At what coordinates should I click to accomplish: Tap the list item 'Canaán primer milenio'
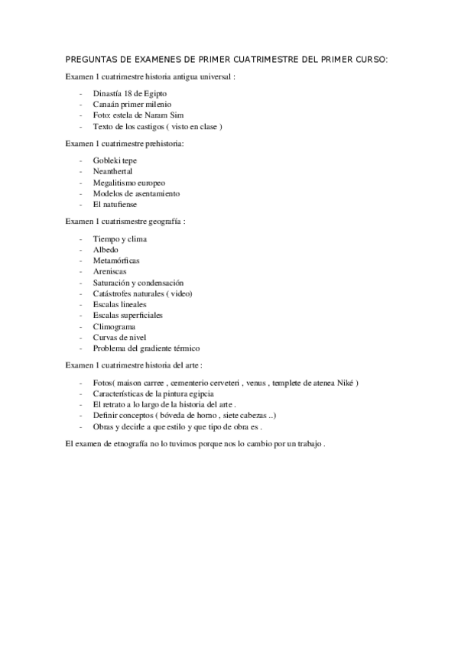coord(132,104)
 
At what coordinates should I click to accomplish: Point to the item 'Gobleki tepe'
coord(115,161)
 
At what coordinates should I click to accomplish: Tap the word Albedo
coord(106,250)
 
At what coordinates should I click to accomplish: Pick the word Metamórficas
coord(115,261)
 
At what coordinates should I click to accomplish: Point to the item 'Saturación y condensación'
coord(138,283)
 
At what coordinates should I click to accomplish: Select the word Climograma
coord(114,326)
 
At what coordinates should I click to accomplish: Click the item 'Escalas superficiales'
coord(128,315)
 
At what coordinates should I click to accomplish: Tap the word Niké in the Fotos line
coord(344,382)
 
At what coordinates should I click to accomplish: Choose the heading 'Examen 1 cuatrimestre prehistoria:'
coord(125,143)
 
